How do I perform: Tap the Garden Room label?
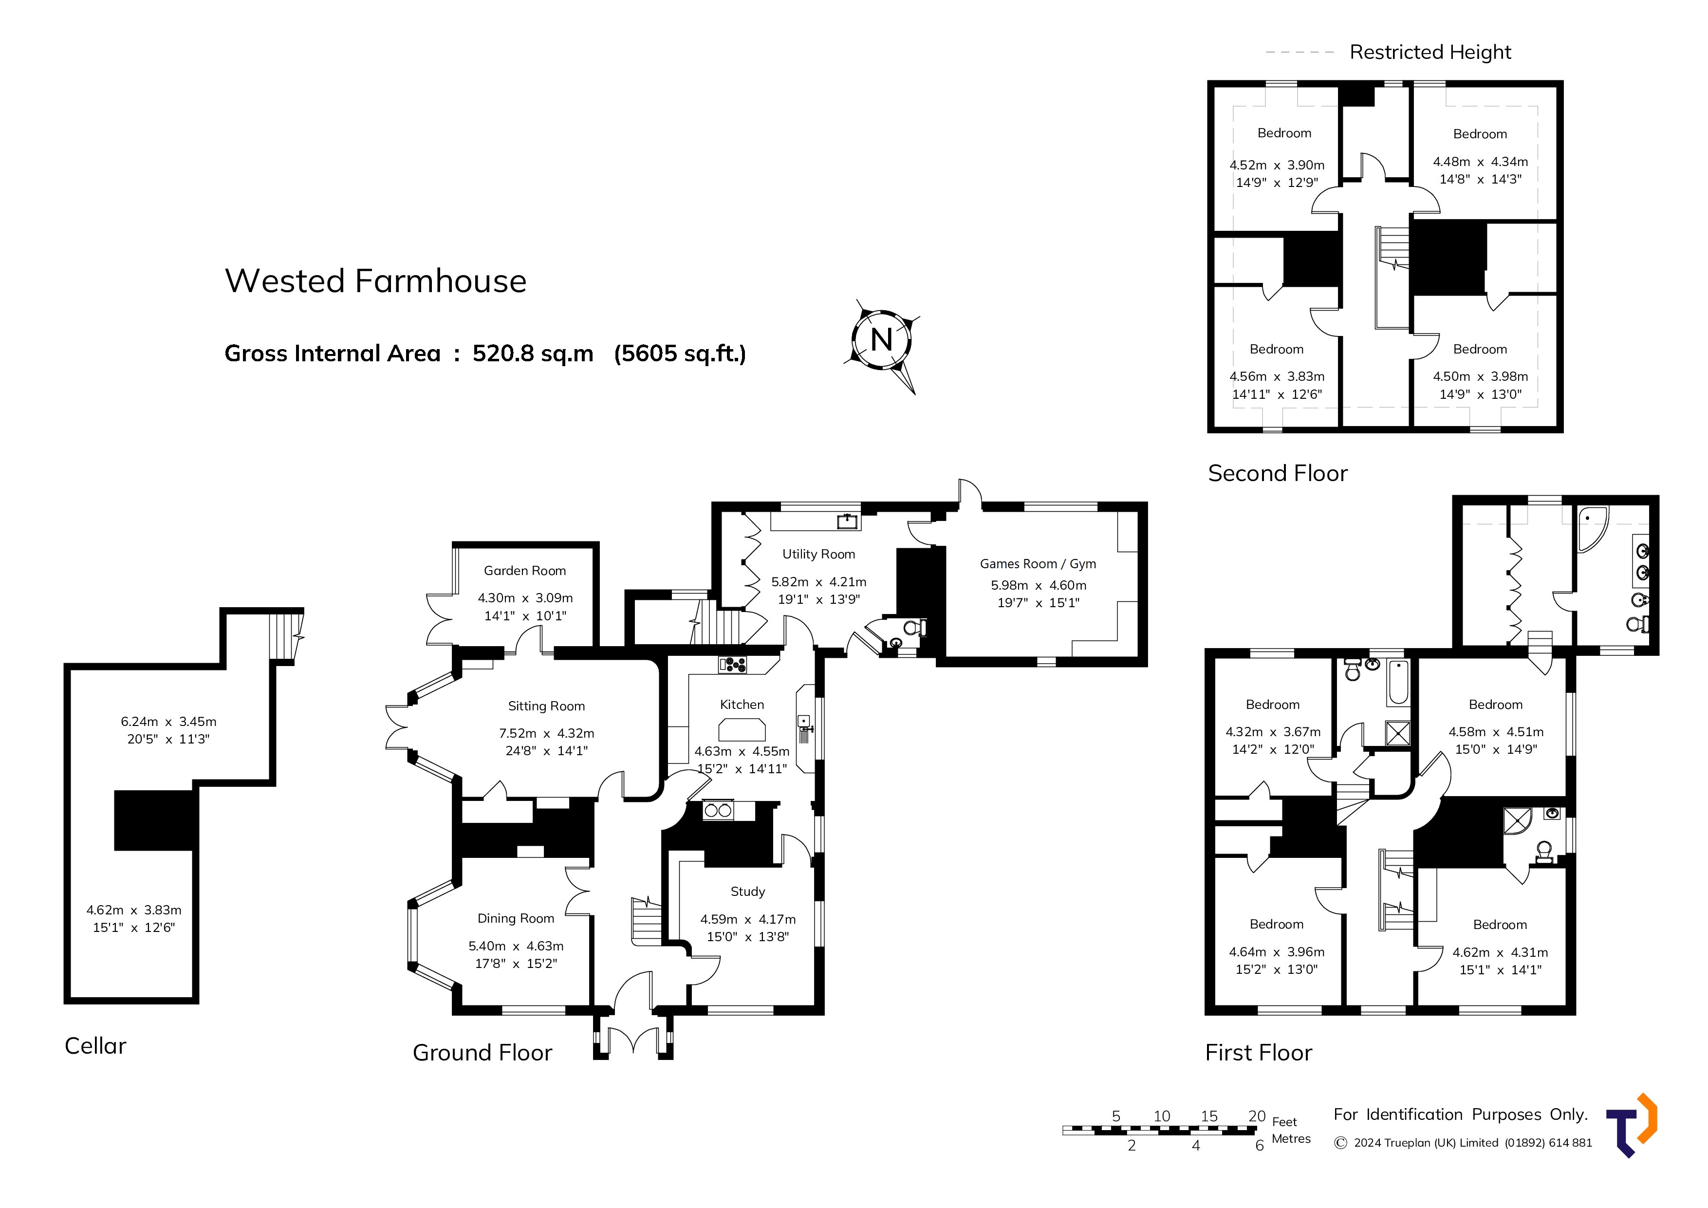coord(524,571)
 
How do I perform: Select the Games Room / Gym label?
coord(1038,564)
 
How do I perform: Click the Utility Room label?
coord(818,554)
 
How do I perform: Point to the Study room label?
coord(748,891)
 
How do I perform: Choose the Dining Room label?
coord(516,919)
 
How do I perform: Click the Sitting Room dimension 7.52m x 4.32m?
coord(547,733)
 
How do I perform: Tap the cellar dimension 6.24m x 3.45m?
coord(169,722)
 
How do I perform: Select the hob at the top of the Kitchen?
coord(733,665)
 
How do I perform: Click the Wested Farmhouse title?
coord(376,281)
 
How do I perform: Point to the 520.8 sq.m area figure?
coord(533,353)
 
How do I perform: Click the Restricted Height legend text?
coord(1430,52)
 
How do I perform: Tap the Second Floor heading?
coord(1278,473)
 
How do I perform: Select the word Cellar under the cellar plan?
coord(95,1046)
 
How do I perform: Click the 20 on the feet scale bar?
coord(1257,1116)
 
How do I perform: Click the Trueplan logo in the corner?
coord(1632,1125)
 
